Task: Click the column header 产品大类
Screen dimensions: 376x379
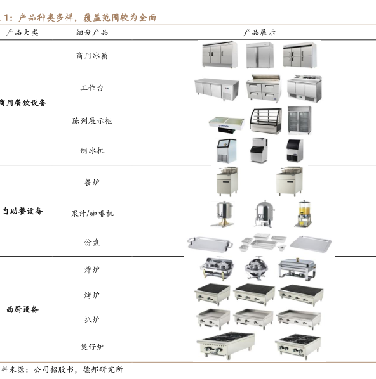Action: (22, 32)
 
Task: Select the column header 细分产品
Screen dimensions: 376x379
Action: (92, 32)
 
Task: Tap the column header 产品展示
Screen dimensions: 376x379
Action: (260, 32)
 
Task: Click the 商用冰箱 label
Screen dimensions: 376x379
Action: (92, 56)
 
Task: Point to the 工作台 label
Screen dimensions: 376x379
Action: (92, 87)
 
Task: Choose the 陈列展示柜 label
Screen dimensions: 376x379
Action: (92, 120)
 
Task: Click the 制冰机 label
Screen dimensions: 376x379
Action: (92, 151)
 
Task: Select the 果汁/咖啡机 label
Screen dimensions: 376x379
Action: (92, 214)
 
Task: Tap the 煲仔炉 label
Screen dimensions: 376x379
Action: (92, 347)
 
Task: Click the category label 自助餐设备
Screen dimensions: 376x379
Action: (22, 211)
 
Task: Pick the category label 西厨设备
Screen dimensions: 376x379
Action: (22, 309)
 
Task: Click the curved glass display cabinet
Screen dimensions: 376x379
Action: (266, 121)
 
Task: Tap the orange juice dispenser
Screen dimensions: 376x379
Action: (304, 214)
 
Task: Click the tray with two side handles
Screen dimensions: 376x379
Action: (210, 243)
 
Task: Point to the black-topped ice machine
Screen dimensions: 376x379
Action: (294, 150)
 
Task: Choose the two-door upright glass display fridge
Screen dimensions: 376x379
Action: (299, 120)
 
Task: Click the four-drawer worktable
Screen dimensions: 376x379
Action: (264, 88)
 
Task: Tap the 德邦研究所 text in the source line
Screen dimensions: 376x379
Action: (103, 369)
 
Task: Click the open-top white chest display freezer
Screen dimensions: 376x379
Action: (226, 125)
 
